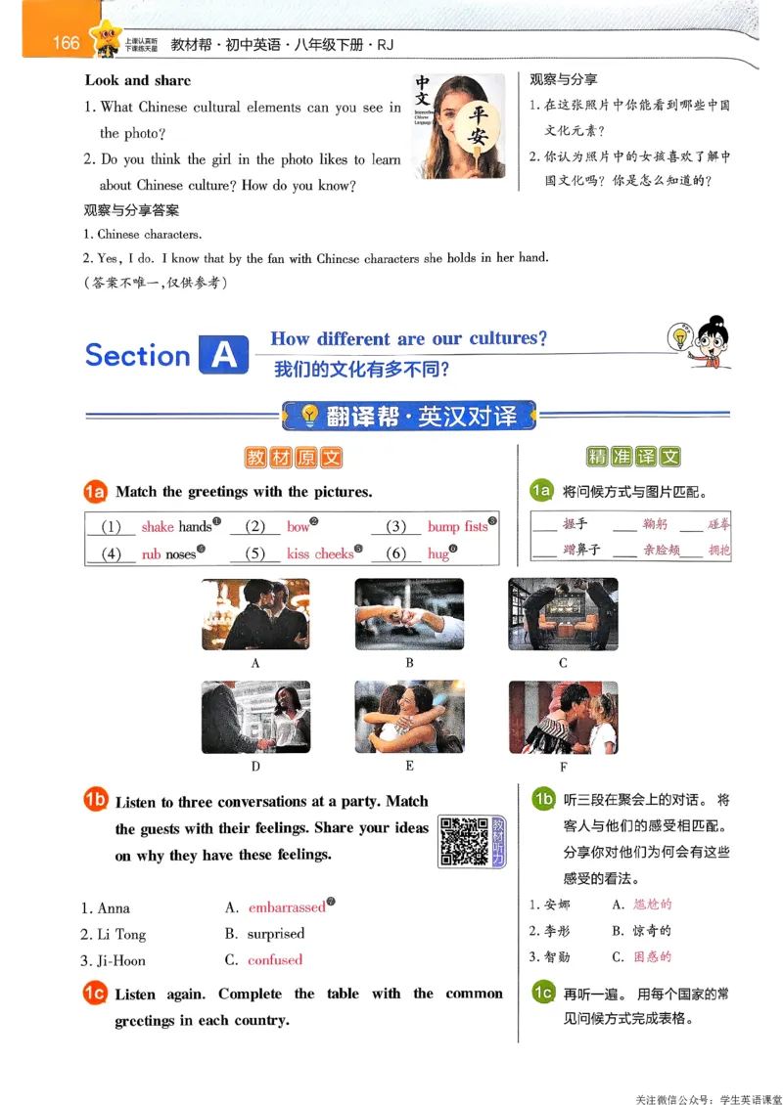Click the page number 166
(x=67, y=42)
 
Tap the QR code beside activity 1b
(x=463, y=840)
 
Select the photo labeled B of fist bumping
(x=409, y=614)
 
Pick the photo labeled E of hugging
(x=409, y=717)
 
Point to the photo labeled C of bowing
(x=563, y=614)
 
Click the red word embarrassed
(x=287, y=907)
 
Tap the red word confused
(x=275, y=960)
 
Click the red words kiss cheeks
(x=320, y=553)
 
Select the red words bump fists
(x=457, y=526)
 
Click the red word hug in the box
(x=438, y=553)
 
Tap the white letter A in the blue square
(x=223, y=356)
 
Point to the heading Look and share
(x=138, y=80)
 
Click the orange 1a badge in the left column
(x=96, y=492)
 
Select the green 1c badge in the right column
(x=542, y=993)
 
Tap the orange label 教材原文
(x=294, y=458)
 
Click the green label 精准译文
(x=633, y=457)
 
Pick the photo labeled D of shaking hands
(x=255, y=717)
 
